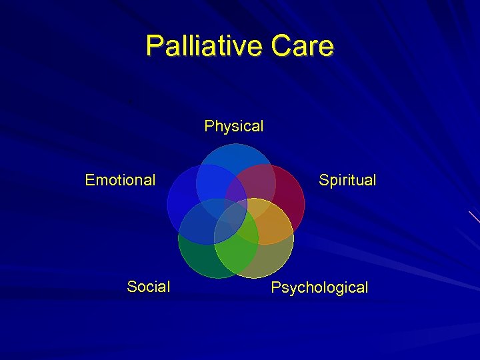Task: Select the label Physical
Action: pos(234,126)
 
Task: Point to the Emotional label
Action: pos(120,180)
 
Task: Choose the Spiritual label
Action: pos(347,180)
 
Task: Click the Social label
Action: pos(148,287)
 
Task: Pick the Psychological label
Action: pos(319,288)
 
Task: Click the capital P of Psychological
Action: pos(276,287)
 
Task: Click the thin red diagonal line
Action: pos(474,217)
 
